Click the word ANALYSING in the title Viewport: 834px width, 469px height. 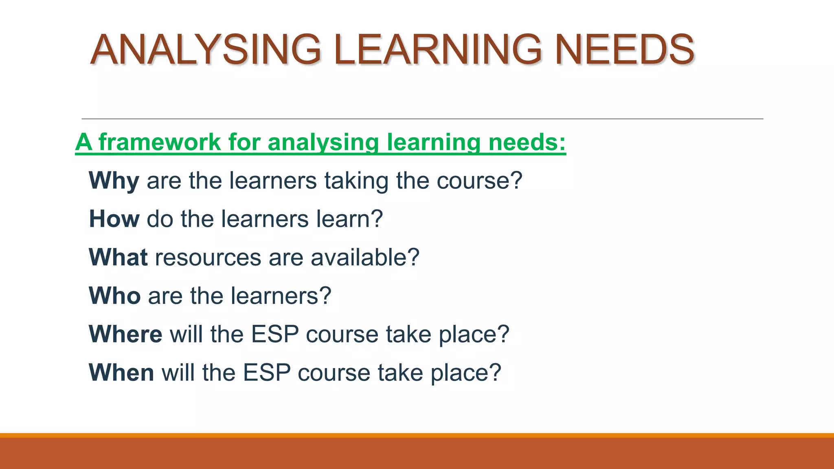206,50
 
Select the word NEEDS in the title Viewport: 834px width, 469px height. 625,50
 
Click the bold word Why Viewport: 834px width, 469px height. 114,180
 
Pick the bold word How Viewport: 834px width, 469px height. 114,219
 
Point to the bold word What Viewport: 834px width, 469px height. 118,257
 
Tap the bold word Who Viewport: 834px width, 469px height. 115,296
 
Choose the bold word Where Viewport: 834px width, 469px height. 125,334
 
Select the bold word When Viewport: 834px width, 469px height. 121,373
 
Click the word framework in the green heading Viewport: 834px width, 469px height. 160,142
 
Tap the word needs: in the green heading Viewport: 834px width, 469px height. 527,142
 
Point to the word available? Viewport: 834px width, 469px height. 365,257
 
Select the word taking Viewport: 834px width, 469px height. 356,181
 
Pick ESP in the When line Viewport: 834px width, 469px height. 267,373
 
